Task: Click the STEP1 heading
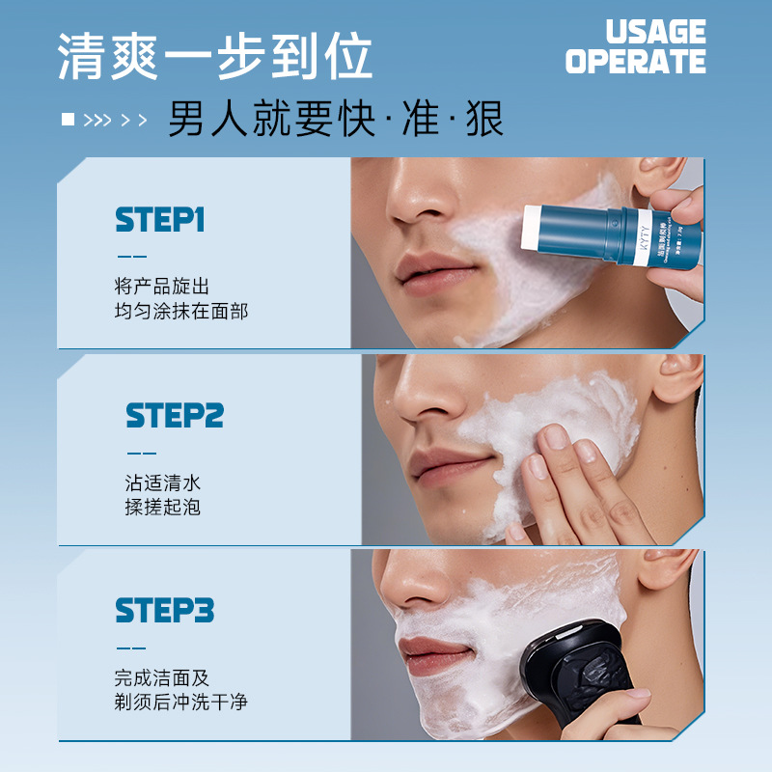pyautogui.click(x=160, y=220)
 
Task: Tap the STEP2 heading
pyautogui.click(x=175, y=416)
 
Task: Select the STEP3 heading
pyautogui.click(x=164, y=610)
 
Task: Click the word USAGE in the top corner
pyautogui.click(x=655, y=32)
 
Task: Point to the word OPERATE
pyautogui.click(x=635, y=62)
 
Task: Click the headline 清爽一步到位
pyautogui.click(x=214, y=57)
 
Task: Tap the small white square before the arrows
pyautogui.click(x=68, y=120)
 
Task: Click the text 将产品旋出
pyautogui.click(x=161, y=287)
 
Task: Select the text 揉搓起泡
pyautogui.click(x=162, y=507)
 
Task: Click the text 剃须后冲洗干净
pyautogui.click(x=180, y=702)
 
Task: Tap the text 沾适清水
pyautogui.click(x=162, y=482)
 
